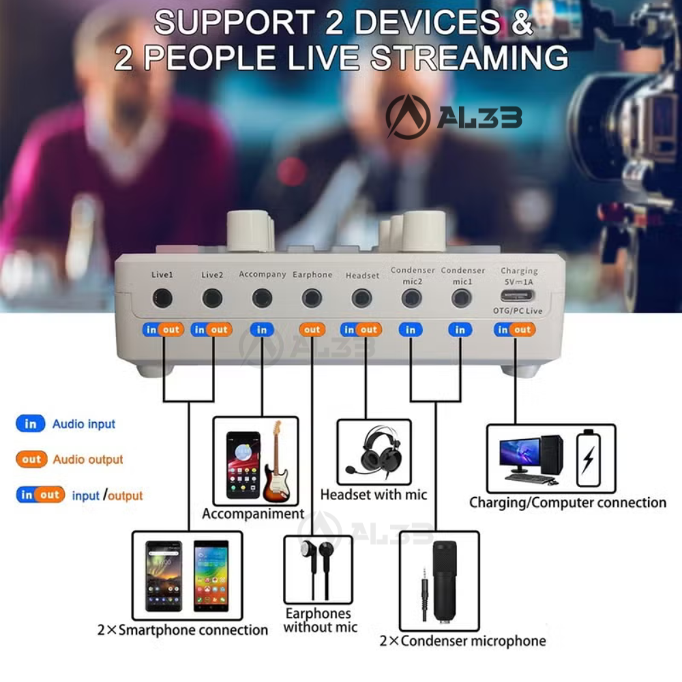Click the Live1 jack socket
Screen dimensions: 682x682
pos(162,298)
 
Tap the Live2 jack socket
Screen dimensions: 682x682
pos(212,298)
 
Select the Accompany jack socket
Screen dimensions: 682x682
pos(262,298)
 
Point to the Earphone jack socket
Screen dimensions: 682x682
pos(312,298)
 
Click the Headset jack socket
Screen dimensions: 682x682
pos(361,298)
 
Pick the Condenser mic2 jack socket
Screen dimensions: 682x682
pos(411,298)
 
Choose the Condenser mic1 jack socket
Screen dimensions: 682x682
pos(461,298)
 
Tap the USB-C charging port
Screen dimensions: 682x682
pos(518,296)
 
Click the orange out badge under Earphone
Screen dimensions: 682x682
pos(312,329)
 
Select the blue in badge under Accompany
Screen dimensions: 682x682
pos(262,329)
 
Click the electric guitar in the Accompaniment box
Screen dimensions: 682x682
pos(274,460)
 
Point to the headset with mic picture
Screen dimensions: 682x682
pos(373,450)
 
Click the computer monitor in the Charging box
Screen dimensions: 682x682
pos(520,454)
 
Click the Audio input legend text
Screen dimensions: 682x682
pos(84,424)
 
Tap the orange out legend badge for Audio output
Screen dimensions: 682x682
pos(31,460)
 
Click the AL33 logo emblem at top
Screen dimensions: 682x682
pos(408,117)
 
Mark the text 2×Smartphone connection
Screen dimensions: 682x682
pos(182,630)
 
